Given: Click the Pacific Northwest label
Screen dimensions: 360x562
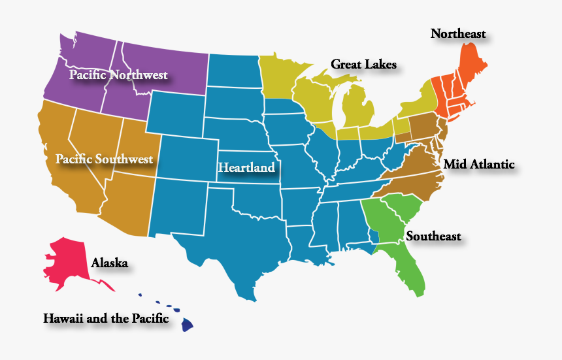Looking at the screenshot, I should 118,75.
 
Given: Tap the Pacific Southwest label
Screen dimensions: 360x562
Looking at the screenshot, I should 104,159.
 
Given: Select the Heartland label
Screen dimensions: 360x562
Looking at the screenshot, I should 246,168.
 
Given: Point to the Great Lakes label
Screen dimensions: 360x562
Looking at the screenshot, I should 363,64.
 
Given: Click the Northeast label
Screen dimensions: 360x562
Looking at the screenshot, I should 458,33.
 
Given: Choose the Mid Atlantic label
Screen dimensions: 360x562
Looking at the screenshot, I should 478,165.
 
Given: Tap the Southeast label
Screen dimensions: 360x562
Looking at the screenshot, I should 433,237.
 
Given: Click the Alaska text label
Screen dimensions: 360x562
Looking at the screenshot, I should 109,263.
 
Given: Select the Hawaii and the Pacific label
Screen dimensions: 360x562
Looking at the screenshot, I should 106,319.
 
